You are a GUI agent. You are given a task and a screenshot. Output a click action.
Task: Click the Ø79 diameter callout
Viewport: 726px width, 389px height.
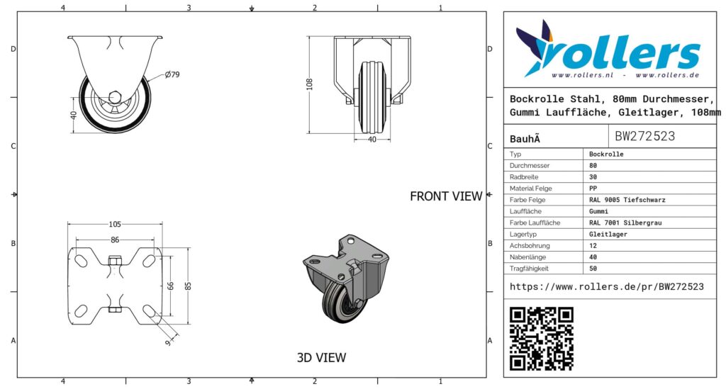(172, 74)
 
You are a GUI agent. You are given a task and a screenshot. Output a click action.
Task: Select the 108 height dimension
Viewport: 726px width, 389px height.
(309, 84)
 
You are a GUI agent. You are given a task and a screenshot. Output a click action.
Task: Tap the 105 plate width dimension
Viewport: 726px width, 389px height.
(115, 225)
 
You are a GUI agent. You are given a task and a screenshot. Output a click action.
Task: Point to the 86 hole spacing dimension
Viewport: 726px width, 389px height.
(115, 239)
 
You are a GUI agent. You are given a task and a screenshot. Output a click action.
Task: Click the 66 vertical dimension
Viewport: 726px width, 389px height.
(170, 286)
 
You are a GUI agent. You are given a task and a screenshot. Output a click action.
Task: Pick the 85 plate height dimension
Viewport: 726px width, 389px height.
(187, 286)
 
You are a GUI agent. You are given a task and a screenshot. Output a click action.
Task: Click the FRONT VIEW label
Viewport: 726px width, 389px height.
(446, 196)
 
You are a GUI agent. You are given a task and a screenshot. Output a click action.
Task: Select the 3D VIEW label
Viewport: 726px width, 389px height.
(321, 358)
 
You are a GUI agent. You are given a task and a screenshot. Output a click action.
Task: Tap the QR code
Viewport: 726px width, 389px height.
(541, 339)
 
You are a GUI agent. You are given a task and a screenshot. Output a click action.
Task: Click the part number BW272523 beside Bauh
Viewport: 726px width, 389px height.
(644, 136)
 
